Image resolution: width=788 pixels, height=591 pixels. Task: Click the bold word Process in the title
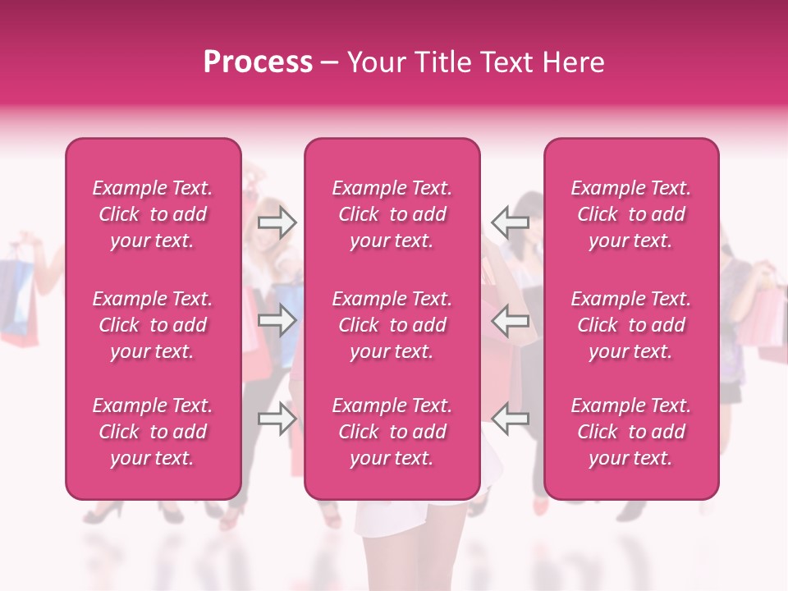258,62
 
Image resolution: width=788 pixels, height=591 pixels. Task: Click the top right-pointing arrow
277,222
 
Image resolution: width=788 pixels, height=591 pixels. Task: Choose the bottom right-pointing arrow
277,419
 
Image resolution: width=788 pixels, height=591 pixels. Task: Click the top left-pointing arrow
510,222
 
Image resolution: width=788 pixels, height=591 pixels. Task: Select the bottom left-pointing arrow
510,419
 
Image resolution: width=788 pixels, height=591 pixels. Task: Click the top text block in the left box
153,214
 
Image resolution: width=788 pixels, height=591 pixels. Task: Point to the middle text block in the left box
153,325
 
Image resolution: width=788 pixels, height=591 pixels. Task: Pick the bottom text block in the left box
153,432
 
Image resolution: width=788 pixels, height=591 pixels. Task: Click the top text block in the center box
392,214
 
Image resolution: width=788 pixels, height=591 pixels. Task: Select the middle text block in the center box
392,325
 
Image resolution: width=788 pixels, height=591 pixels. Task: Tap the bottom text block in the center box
392,432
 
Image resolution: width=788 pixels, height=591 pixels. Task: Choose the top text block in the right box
631,214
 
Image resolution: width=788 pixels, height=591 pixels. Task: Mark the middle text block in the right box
631,325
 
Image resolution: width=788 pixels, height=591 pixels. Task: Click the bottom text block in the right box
631,432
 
